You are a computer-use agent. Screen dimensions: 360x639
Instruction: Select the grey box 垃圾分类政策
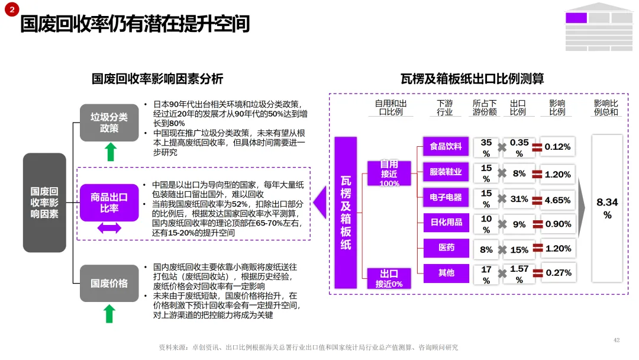pos(109,123)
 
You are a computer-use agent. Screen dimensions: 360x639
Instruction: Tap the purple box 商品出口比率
pos(109,202)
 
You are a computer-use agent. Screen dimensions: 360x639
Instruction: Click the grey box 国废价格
pos(109,283)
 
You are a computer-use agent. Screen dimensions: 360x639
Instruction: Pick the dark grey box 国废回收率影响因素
pos(44,202)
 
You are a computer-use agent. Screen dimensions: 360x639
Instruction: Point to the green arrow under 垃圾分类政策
pos(109,152)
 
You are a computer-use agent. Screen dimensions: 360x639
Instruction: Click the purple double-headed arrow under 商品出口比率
pos(109,228)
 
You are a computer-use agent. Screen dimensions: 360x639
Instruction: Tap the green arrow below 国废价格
pos(109,313)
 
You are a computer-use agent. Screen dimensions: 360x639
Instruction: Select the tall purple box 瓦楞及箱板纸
pos(346,202)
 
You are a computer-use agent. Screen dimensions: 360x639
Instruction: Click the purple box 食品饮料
pos(446,146)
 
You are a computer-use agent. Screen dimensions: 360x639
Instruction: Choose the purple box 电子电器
pos(446,197)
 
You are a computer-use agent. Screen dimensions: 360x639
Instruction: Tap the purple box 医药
pos(446,247)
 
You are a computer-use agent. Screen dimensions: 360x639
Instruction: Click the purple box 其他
pos(446,273)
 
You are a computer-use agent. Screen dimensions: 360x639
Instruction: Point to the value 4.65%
pos(557,200)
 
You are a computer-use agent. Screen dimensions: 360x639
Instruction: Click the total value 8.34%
pos(607,208)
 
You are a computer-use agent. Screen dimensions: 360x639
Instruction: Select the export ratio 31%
pos(519,200)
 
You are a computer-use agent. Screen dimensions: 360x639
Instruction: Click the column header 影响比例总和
pos(606,107)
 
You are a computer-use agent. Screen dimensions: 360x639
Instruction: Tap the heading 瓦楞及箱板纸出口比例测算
pos(472,78)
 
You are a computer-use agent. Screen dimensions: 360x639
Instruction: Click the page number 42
pos(617,340)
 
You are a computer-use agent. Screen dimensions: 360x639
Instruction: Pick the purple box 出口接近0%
pos(389,278)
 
